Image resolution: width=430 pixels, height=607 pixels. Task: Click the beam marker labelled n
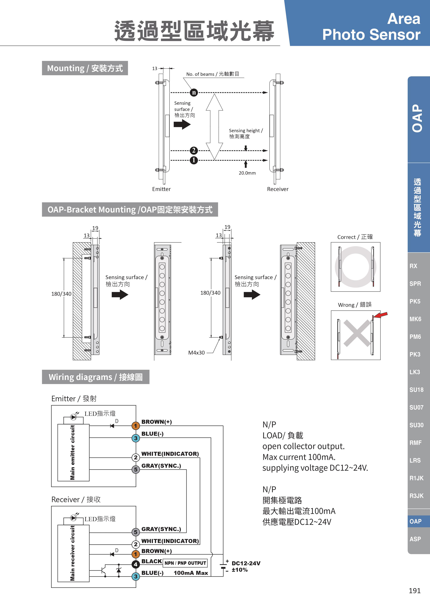coord(194,93)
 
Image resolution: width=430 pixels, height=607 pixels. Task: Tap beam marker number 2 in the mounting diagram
coord(194,151)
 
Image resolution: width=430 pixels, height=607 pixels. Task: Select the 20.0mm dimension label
coord(247,173)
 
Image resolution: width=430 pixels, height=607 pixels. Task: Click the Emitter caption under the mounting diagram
coord(161,189)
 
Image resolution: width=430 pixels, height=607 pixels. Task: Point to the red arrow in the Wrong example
coord(381,315)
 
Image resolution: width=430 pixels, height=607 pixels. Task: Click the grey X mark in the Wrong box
coord(357,333)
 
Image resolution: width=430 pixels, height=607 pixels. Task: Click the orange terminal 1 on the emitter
coord(136,426)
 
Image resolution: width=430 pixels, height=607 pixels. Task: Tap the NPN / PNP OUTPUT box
coord(185,563)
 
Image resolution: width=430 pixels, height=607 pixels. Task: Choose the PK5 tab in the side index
coord(415,301)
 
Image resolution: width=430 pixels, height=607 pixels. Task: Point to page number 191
coord(414,591)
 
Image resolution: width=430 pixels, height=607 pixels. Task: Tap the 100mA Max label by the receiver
coord(191,573)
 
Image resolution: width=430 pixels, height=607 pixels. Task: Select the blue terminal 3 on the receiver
coord(136,577)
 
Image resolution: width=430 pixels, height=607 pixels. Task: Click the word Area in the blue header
coord(403,19)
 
